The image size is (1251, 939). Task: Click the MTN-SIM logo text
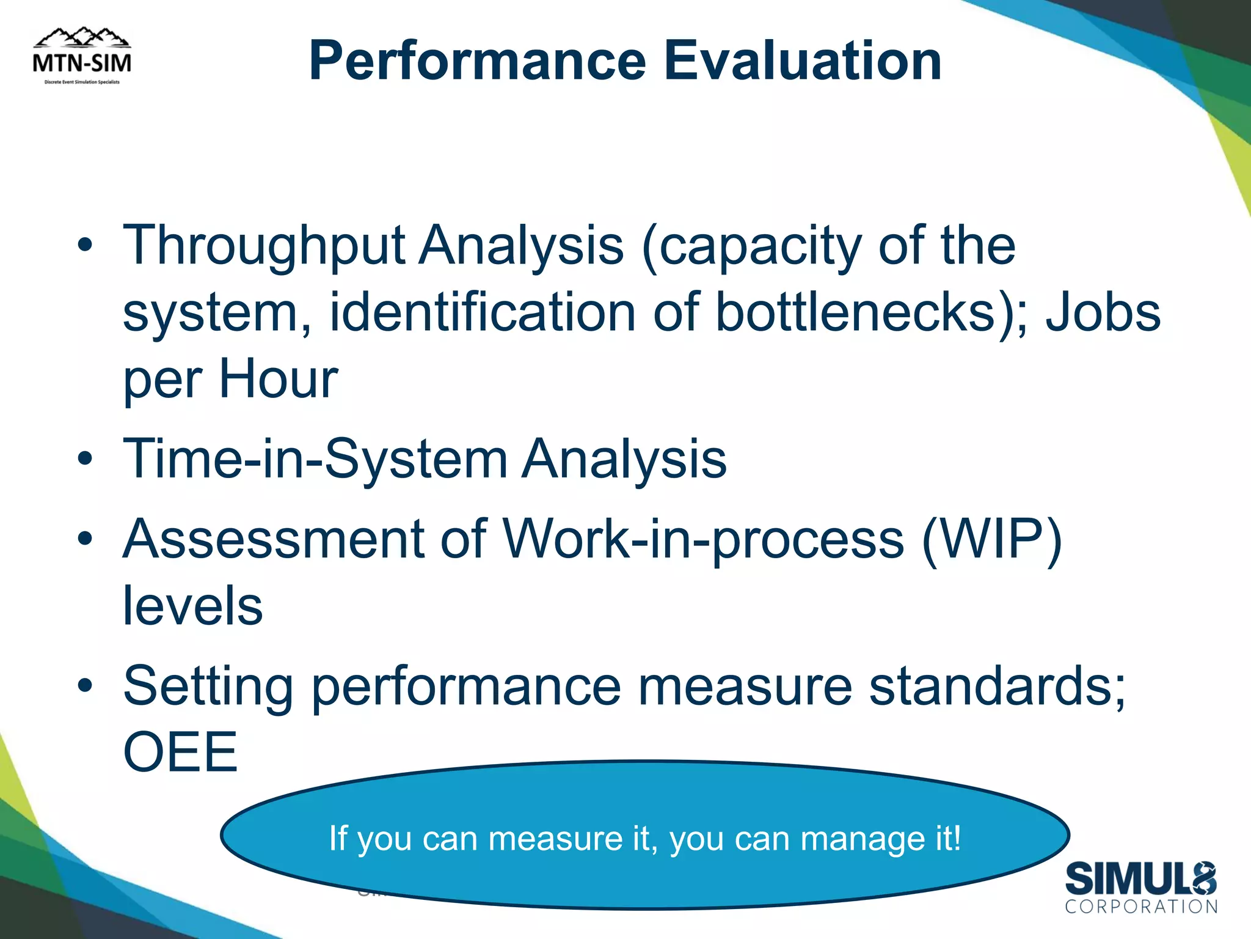82,62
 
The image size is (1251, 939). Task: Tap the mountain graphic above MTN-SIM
82,38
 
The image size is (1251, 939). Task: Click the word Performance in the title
477,61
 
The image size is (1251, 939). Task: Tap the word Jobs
1103,313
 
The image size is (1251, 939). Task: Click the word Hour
278,380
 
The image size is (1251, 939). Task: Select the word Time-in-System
315,459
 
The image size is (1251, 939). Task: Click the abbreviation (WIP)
992,539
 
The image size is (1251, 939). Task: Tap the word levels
193,606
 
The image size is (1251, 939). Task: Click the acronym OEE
180,753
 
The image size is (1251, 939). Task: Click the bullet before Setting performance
85,686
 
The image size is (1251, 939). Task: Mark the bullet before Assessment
85,539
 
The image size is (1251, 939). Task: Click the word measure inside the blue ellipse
555,839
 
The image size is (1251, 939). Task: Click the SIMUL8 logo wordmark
1140,879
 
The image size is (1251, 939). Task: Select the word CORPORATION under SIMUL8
1141,907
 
